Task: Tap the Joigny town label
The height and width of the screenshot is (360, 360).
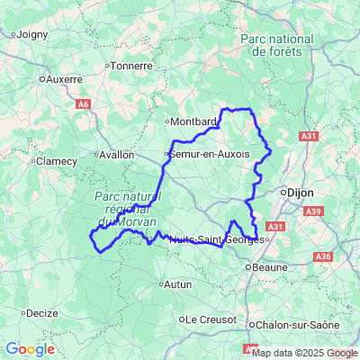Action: pos(31,35)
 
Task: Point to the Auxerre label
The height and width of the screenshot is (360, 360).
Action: pos(63,78)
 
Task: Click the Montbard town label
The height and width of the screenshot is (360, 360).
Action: pos(193,121)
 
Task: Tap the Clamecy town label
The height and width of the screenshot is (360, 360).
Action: pos(55,161)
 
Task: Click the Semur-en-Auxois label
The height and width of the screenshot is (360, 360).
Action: pos(210,155)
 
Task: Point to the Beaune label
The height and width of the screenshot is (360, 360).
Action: pos(271,266)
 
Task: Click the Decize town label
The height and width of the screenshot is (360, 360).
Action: pos(41,313)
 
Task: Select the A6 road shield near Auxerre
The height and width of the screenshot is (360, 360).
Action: pos(83,104)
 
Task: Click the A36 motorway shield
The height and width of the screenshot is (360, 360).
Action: pos(322,256)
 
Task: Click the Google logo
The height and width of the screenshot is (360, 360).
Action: pos(29,349)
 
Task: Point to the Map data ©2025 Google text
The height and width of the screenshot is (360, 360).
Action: pos(305,353)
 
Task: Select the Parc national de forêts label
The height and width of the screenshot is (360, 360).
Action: pos(277,45)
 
